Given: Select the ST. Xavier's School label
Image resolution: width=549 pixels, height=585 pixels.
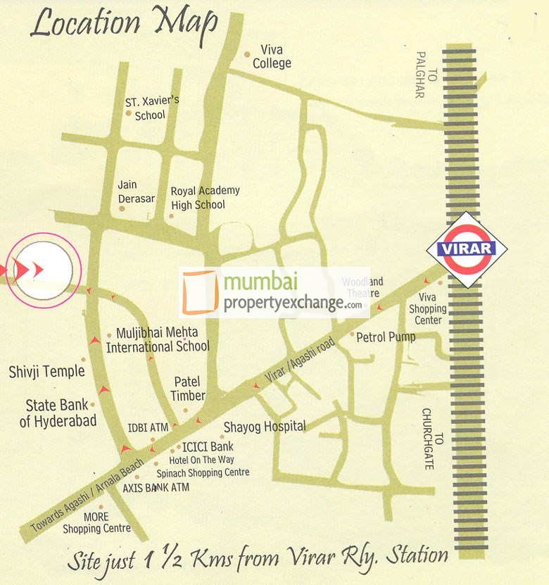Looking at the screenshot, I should (x=151, y=107).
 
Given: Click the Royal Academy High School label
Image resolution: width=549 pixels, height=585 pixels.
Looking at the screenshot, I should (x=205, y=197).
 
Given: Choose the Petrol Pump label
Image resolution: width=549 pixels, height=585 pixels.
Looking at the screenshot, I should (x=386, y=336).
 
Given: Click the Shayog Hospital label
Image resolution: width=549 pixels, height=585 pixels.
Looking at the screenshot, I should (x=265, y=426).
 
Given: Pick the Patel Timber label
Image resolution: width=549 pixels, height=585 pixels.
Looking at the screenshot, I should (x=188, y=389).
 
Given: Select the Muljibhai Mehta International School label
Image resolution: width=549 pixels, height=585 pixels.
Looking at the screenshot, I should (x=158, y=339).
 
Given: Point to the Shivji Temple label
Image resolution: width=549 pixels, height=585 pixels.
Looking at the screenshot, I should (x=46, y=371).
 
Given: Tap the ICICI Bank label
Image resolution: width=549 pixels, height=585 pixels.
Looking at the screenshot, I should (x=208, y=446).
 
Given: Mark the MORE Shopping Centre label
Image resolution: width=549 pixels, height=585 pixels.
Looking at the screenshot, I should (x=97, y=523).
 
